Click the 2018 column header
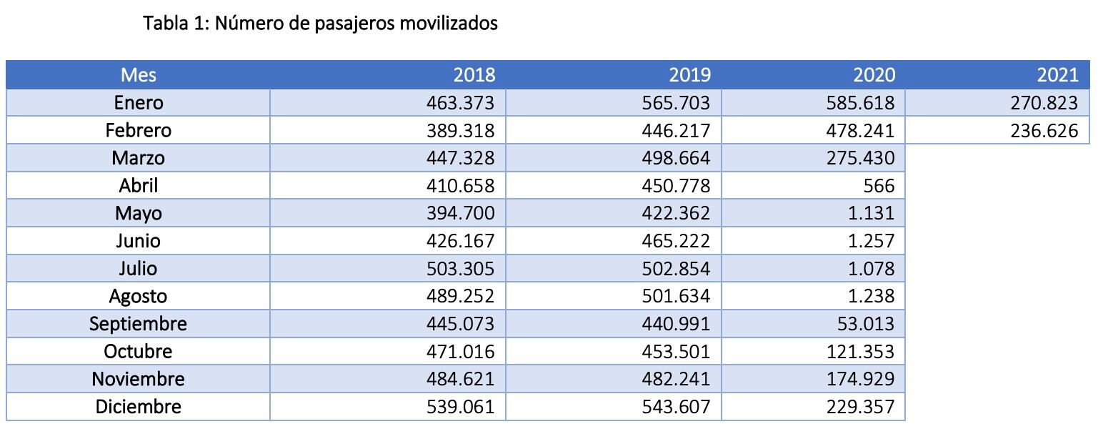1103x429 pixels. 474,75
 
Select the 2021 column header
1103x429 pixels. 1057,75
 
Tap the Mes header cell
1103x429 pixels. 138,75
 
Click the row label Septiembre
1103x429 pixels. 138,324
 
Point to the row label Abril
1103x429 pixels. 138,186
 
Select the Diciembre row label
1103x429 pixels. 138,407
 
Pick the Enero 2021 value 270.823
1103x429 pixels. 1044,103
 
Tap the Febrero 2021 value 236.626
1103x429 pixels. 1044,131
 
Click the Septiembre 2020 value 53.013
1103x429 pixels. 866,324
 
